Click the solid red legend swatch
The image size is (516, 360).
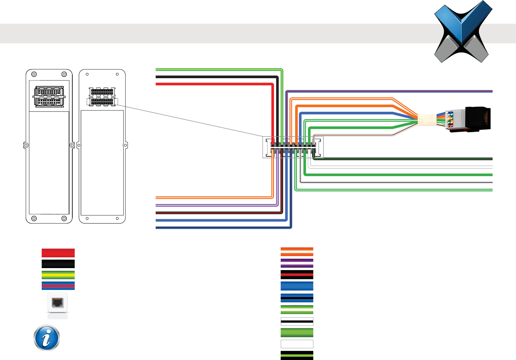coord(58,253)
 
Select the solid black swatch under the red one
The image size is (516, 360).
coord(58,264)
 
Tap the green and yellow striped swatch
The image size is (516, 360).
coord(58,275)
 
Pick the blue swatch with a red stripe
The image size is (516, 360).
coord(58,286)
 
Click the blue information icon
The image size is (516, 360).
coord(47,338)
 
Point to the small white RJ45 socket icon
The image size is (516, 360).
coord(58,303)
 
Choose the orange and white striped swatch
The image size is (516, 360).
coord(297,252)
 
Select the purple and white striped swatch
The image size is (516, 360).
coord(297,263)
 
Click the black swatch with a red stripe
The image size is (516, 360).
coord(297,275)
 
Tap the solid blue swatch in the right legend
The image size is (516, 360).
coord(297,286)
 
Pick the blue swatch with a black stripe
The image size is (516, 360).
coord(297,298)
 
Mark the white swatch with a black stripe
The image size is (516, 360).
coord(297,322)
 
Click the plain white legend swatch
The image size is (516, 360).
coord(297,344)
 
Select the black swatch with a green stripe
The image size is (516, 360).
coord(297,355)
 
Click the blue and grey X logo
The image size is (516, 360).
coord(463,32)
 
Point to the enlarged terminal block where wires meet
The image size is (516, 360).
coord(293,147)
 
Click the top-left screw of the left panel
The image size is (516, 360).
coord(34,74)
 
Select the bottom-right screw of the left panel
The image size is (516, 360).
coord(64,218)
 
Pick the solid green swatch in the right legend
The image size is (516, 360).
coord(297,333)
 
